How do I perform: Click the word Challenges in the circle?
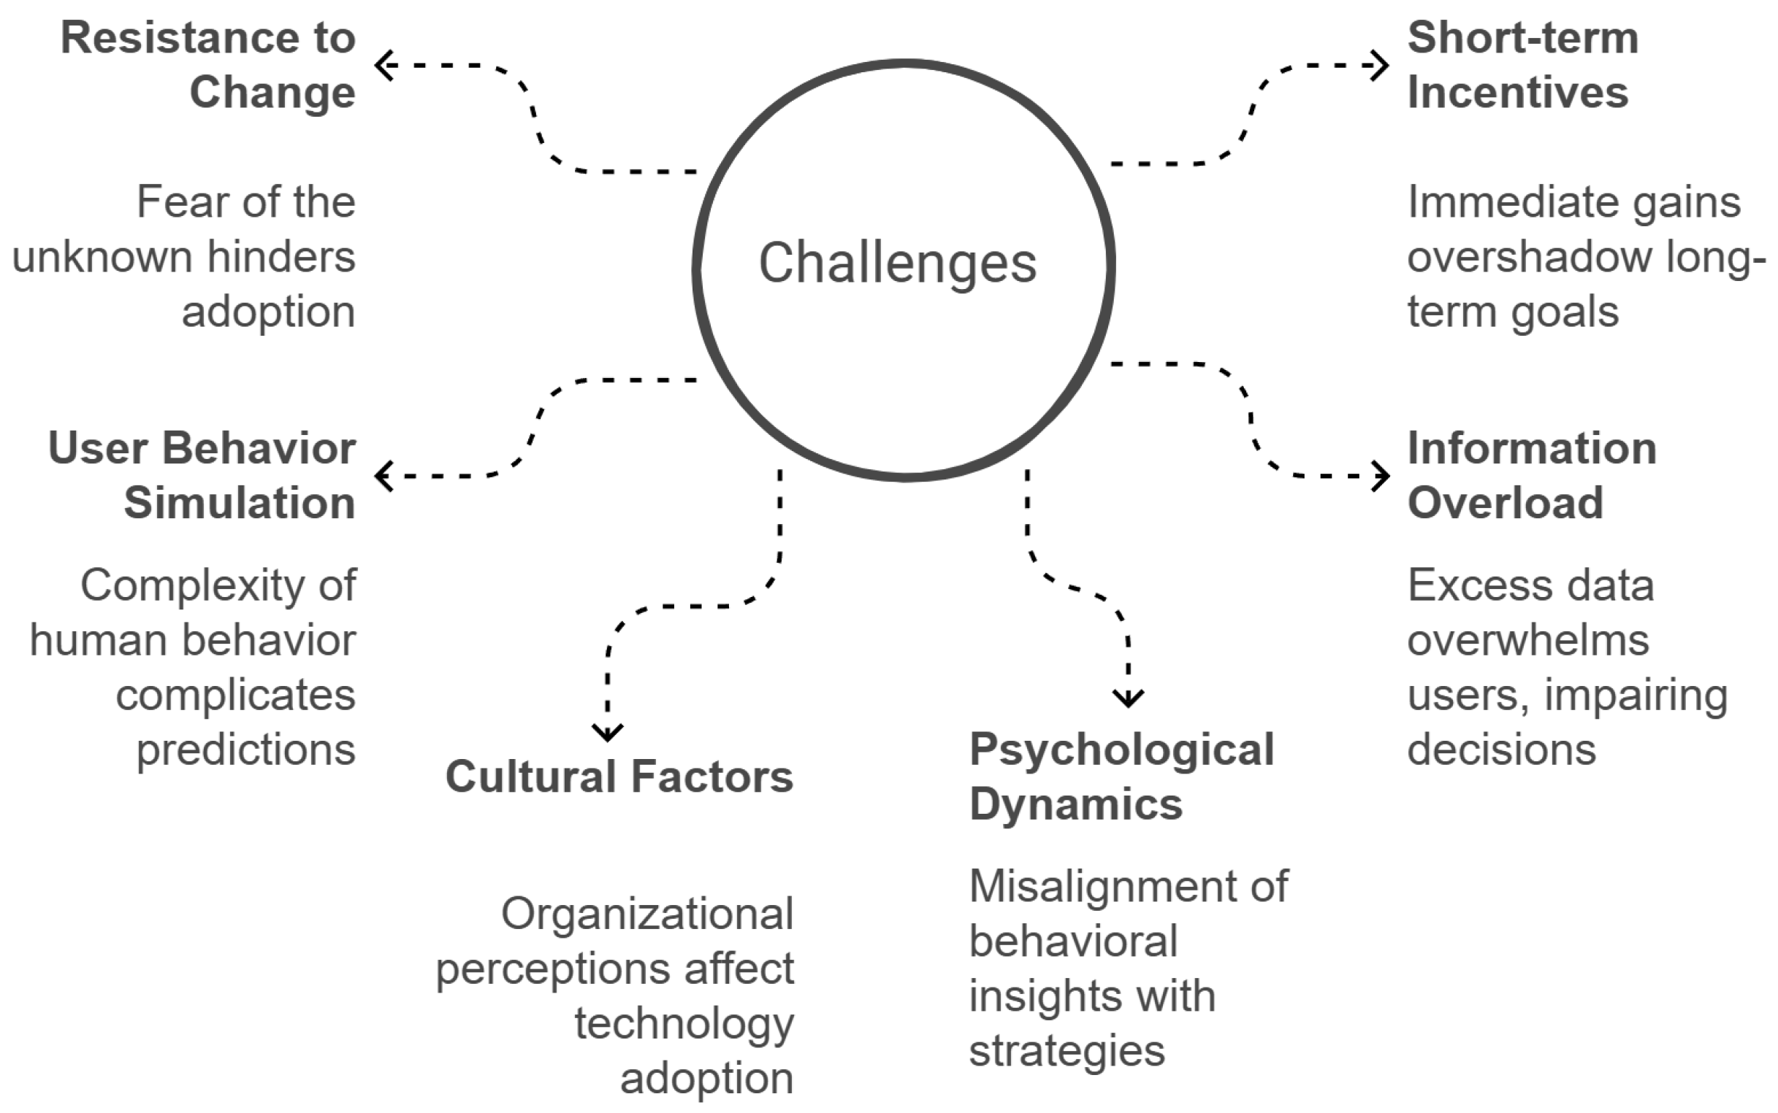897,263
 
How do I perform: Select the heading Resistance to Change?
208,65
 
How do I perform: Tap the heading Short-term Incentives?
1522,65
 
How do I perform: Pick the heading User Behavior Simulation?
202,476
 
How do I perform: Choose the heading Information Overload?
1531,476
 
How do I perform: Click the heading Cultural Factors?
619,777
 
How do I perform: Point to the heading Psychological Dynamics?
1121,777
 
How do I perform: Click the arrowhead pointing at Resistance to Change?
383,65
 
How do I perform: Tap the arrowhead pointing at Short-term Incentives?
1381,65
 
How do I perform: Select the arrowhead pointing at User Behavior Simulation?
383,476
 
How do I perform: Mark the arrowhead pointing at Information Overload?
1381,476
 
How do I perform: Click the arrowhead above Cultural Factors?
608,733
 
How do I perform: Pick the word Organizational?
646,914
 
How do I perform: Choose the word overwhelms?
1527,640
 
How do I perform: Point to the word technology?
684,1024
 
